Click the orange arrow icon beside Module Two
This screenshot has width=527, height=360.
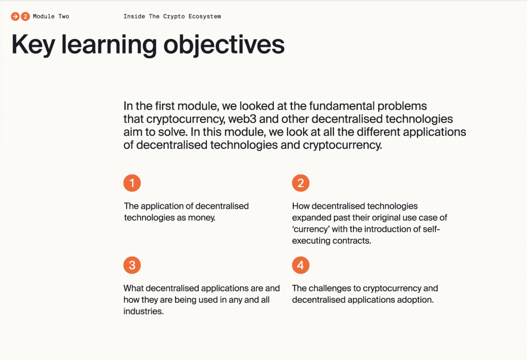[x=15, y=16]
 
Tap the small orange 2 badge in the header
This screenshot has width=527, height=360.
[x=25, y=16]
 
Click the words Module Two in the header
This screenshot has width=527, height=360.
[x=51, y=16]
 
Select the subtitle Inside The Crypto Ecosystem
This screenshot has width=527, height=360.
[x=172, y=16]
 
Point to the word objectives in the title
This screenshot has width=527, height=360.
[x=224, y=44]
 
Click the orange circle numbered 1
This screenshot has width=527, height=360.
[x=132, y=183]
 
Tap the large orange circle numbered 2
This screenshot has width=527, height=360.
[x=301, y=183]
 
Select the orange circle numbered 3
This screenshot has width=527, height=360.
[x=132, y=265]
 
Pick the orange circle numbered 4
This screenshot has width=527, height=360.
[x=301, y=265]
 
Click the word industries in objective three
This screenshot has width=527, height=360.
[x=144, y=311]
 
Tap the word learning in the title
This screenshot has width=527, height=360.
[x=109, y=45]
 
